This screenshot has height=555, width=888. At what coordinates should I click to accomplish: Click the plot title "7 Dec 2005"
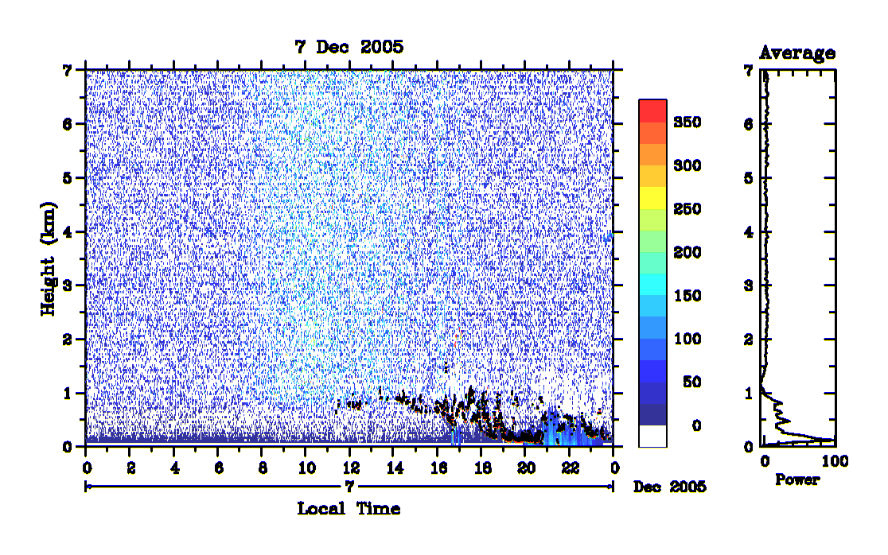[x=349, y=47]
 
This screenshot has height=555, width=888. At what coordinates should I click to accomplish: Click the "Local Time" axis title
[x=349, y=509]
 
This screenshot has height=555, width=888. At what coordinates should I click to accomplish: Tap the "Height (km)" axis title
[x=49, y=258]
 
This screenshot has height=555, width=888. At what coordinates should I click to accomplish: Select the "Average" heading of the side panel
[x=797, y=53]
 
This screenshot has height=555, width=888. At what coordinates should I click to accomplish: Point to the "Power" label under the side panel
[x=797, y=479]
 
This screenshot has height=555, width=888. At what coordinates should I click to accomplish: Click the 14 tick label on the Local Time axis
[x=395, y=468]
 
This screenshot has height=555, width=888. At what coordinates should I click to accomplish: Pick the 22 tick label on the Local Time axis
[x=571, y=468]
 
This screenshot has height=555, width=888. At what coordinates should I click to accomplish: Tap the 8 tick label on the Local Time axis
[x=263, y=468]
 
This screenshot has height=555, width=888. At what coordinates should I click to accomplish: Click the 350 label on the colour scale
[x=687, y=122]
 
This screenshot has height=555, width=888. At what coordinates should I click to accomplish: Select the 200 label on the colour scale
[x=687, y=252]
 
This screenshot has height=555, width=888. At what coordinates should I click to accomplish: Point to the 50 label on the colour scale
[x=692, y=382]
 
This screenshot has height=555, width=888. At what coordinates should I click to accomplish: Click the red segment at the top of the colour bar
[x=653, y=111]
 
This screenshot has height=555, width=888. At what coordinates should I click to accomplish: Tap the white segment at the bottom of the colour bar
[x=653, y=436]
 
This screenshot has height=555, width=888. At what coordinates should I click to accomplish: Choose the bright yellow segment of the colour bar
[x=653, y=198]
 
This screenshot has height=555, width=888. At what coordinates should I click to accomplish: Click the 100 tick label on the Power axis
[x=835, y=461]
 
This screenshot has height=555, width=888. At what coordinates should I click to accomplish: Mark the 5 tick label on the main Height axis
[x=68, y=178]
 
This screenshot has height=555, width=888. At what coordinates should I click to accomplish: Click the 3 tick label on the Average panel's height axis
[x=749, y=285]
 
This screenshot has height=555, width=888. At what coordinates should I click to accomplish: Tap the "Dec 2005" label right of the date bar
[x=670, y=487]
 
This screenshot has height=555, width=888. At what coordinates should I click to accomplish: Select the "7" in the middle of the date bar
[x=349, y=486]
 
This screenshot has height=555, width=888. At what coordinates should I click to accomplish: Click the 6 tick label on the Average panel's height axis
[x=749, y=124]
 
